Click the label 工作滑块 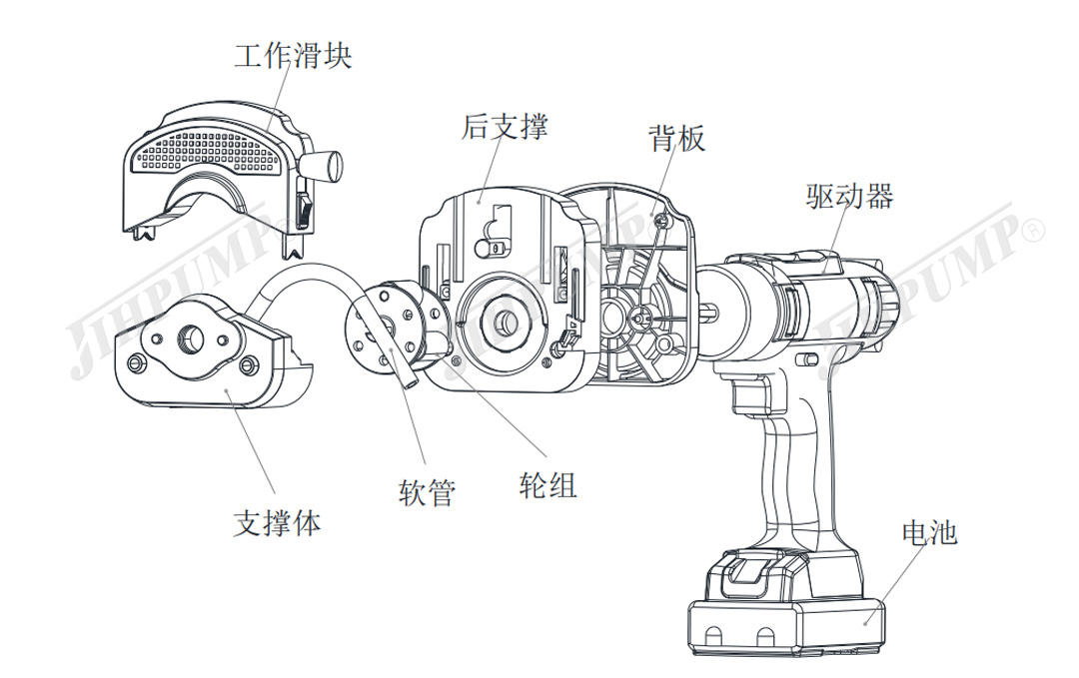[x=293, y=55]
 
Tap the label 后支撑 [x=505, y=127]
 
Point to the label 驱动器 [x=849, y=195]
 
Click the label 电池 [x=929, y=532]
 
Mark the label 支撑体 [x=278, y=522]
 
